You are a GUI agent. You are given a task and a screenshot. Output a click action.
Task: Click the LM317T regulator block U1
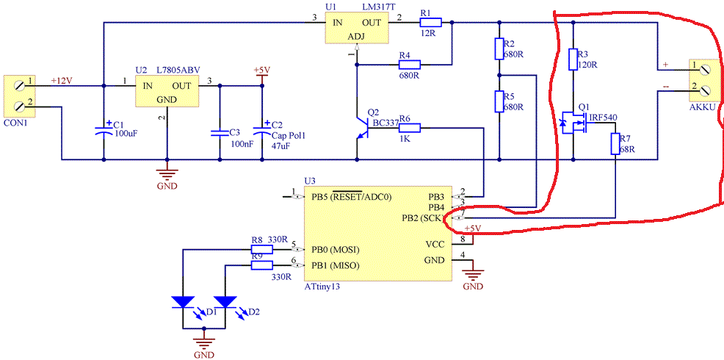[x=356, y=29]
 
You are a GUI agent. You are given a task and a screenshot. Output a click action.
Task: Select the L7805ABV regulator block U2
[x=167, y=92]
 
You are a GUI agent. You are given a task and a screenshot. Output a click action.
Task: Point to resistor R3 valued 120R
[x=573, y=60]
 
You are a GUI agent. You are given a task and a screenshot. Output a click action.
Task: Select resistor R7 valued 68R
[x=615, y=145]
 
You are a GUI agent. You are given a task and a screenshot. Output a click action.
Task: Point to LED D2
[x=227, y=302]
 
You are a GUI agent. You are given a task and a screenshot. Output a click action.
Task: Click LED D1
[x=184, y=302]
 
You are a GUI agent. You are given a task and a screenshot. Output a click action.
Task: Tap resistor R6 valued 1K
[x=409, y=129]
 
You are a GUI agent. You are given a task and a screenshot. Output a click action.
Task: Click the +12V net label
[x=62, y=80]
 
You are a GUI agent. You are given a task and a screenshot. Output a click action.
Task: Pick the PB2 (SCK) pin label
[x=421, y=218]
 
